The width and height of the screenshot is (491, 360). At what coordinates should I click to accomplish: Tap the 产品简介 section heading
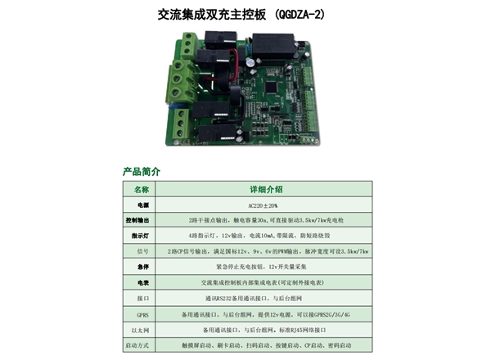point(141,173)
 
